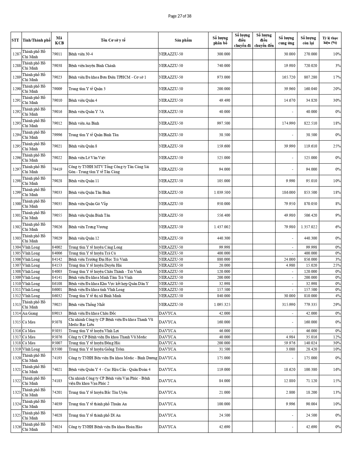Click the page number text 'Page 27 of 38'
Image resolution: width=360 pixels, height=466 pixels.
pyautogui.click(x=180, y=16)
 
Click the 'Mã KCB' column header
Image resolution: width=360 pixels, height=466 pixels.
pyautogui.click(x=59, y=40)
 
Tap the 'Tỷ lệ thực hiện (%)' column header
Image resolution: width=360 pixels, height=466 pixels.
pyautogui.click(x=330, y=40)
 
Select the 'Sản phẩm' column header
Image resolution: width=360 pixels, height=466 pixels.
pyautogui.click(x=183, y=40)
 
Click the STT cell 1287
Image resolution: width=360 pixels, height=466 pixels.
pyautogui.click(x=16, y=54)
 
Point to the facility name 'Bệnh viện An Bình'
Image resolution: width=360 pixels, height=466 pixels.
pyautogui.click(x=84, y=123)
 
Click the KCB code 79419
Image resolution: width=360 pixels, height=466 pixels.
pyautogui.click(x=57, y=169)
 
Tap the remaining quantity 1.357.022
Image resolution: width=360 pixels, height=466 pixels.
pyautogui.click(x=309, y=227)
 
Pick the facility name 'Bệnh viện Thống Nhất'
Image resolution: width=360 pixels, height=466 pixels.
pyautogui.click(x=87, y=304)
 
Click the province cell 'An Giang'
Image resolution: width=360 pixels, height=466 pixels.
pyautogui.click(x=30, y=313)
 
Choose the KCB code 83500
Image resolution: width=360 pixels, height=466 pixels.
pyautogui.click(x=57, y=349)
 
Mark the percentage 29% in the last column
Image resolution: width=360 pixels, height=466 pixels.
pyautogui.click(x=337, y=304)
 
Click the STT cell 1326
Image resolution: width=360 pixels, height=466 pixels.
pyautogui.click(x=16, y=427)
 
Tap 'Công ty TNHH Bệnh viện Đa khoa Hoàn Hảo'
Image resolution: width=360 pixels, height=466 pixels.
pyautogui.click(x=105, y=427)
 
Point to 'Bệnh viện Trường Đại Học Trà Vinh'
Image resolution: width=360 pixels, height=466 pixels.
pyautogui.click(x=98, y=259)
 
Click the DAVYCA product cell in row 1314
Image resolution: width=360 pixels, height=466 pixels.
pyautogui.click(x=167, y=313)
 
